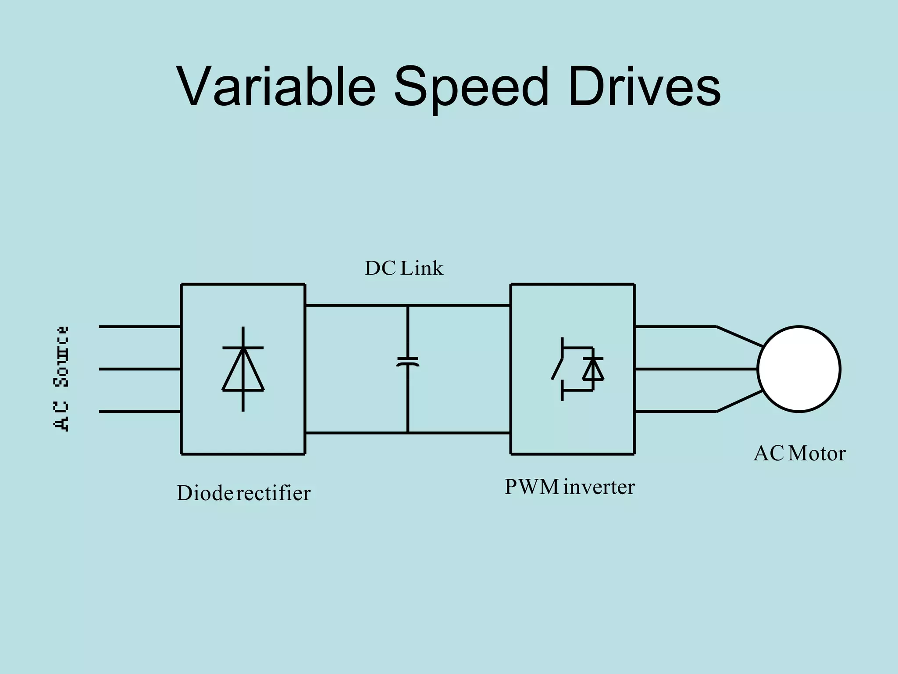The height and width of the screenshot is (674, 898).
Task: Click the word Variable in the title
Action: (276, 86)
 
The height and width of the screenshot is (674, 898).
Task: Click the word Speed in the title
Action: (471, 86)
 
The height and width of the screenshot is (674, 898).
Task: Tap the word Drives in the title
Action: (644, 86)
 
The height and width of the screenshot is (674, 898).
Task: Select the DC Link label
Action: (404, 268)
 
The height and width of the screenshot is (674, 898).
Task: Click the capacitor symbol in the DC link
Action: (408, 362)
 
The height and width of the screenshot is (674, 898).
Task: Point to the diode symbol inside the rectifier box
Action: (243, 369)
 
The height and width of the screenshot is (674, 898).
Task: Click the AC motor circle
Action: (798, 369)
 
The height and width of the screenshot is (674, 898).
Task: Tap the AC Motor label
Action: (799, 453)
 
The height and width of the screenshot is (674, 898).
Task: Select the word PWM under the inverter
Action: (532, 487)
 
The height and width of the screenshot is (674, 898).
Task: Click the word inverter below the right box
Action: (599, 487)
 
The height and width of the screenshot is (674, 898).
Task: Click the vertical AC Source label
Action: (61, 378)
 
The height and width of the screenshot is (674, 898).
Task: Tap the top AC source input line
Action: (139, 326)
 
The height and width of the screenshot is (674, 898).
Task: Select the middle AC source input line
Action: (139, 369)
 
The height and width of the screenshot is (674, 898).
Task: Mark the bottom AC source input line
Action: (139, 412)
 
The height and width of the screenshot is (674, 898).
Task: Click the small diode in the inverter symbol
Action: (593, 369)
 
